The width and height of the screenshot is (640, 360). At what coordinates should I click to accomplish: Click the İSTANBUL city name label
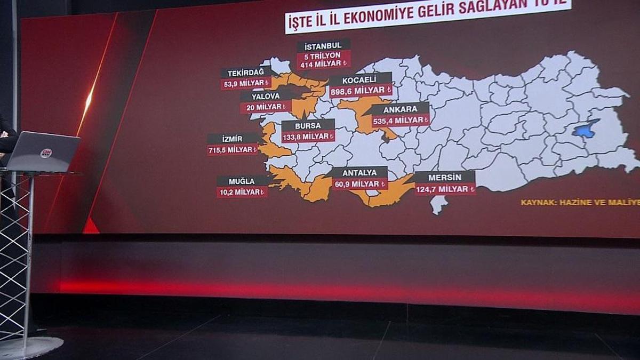click(x=323, y=45)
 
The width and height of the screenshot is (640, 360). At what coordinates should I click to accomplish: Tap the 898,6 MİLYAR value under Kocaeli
click(x=361, y=91)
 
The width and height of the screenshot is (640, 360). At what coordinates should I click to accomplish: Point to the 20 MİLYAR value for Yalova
click(x=266, y=107)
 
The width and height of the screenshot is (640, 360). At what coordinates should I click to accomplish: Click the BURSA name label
click(x=308, y=126)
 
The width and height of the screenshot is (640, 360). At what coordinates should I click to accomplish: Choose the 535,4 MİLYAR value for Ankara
click(x=401, y=121)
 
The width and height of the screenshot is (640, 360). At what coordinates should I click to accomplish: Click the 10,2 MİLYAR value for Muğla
click(x=242, y=192)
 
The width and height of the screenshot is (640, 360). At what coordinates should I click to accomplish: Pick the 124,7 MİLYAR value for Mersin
click(x=445, y=189)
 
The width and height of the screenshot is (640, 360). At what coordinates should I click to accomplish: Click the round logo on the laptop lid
click(x=46, y=153)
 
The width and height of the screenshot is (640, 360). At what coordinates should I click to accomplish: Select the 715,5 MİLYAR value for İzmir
click(x=233, y=150)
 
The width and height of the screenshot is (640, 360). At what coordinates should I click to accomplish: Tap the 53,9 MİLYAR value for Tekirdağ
click(x=245, y=84)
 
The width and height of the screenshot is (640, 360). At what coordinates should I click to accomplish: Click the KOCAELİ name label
click(x=360, y=79)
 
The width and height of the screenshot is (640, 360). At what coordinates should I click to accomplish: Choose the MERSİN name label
click(x=444, y=177)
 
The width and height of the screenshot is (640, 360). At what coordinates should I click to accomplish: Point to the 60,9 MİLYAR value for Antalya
click(x=359, y=184)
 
